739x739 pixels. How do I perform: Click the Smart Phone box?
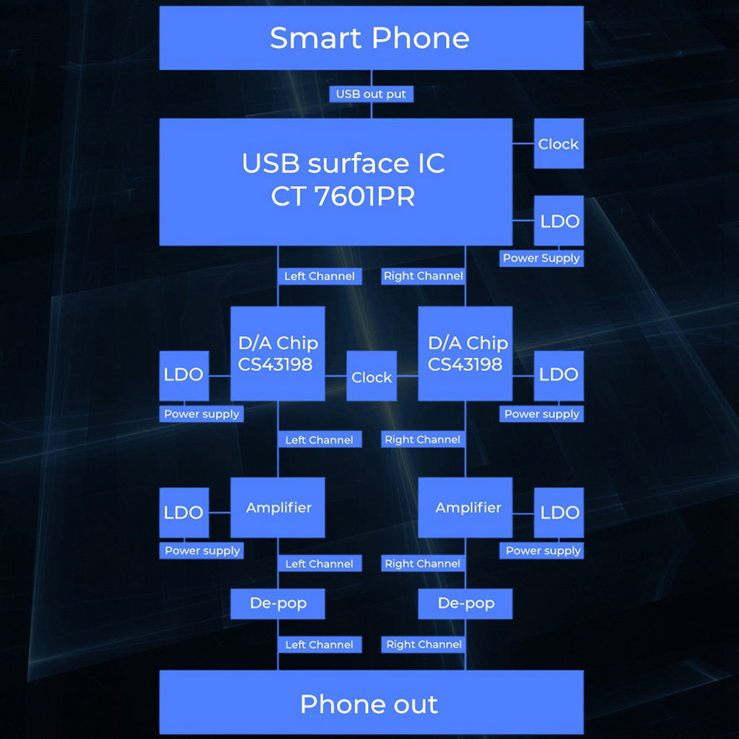point(371,38)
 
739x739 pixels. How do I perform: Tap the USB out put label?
point(371,94)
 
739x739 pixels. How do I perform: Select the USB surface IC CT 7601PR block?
point(336,180)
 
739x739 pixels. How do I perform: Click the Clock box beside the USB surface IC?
point(559,144)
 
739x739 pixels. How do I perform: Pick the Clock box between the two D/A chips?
point(372,376)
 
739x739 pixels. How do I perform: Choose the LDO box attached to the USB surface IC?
point(559,221)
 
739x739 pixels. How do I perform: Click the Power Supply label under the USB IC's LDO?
point(541,258)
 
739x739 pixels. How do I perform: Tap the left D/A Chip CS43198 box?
point(278,353)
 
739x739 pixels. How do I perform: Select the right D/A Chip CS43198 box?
point(465,353)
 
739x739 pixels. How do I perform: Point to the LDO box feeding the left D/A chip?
point(184,375)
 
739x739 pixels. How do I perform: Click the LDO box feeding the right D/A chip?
point(559,375)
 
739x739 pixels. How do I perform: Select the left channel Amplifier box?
point(278,507)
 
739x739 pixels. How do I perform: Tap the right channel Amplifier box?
point(465,507)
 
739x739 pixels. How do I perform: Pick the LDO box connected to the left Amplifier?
point(184,512)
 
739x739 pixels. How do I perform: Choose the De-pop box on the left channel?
point(278,603)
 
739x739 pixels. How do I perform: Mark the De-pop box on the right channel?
point(465,603)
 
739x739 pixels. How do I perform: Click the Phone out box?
point(371,703)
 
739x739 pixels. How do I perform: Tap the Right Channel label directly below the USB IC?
point(424,276)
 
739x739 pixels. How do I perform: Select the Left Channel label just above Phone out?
point(319,644)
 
